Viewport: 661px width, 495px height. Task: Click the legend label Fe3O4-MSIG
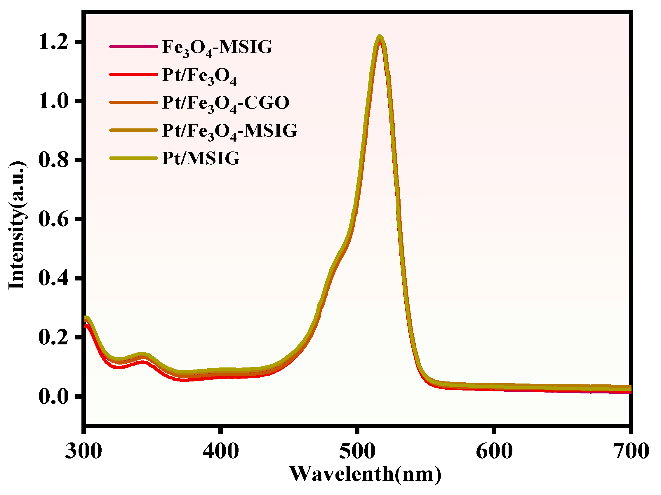tap(217, 47)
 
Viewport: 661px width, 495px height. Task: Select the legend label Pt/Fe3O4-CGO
tap(226, 103)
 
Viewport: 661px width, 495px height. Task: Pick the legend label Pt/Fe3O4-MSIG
tap(229, 131)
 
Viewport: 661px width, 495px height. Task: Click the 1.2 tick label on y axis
tap(53, 42)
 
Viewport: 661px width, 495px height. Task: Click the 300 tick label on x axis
tap(84, 451)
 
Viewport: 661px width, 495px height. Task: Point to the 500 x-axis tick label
tap(357, 451)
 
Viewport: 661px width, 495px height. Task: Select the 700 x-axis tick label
tap(631, 451)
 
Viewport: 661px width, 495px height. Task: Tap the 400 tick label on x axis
tap(220, 451)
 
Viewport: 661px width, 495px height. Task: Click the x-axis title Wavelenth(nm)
tap(365, 474)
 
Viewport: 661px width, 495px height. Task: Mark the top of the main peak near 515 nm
tap(380, 37)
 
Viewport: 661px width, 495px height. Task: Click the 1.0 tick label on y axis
tap(53, 102)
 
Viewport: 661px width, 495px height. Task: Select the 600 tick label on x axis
tap(494, 451)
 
